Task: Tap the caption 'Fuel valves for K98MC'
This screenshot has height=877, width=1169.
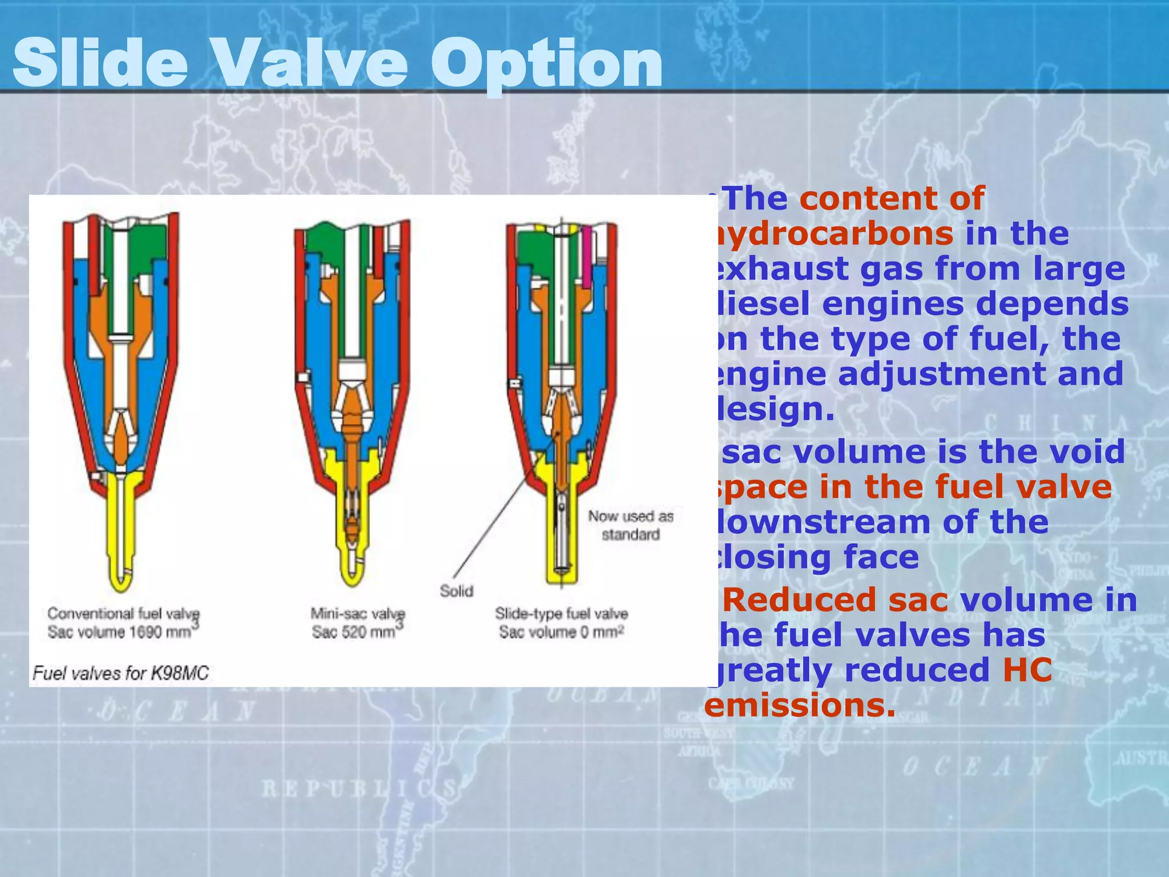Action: [121, 673]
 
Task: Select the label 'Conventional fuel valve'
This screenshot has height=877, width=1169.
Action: [123, 614]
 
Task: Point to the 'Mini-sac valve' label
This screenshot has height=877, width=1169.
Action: [357, 614]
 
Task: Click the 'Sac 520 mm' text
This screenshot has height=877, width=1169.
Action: [354, 633]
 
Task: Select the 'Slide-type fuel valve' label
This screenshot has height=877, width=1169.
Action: [561, 614]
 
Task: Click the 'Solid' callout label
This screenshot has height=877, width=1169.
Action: [456, 591]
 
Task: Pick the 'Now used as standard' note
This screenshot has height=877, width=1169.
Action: [631, 525]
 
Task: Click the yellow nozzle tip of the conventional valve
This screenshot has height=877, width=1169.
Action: [121, 577]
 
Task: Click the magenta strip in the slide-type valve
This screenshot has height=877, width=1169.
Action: [587, 257]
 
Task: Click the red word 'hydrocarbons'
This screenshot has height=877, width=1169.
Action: [831, 234]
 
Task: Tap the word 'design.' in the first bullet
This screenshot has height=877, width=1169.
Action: [773, 409]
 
